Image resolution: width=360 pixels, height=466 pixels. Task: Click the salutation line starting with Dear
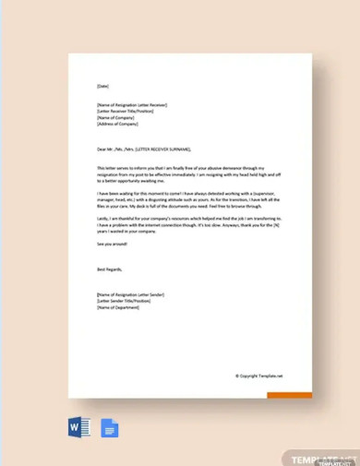point(143,148)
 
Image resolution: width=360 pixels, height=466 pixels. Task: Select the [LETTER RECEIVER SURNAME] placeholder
point(167,148)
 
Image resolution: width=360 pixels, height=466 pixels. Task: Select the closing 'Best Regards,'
point(108,269)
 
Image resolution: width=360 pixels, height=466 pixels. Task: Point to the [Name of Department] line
point(115,307)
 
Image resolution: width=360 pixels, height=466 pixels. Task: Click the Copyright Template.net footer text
point(258,376)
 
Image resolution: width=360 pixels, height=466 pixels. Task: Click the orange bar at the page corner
point(289,396)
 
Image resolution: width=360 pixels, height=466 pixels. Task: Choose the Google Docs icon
point(110,428)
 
